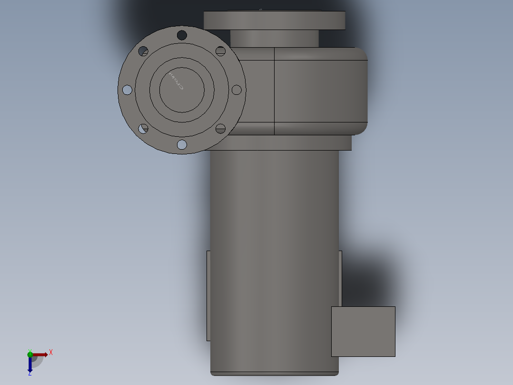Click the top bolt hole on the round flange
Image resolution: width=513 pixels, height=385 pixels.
182,35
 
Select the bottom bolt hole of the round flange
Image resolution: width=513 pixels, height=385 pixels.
182,144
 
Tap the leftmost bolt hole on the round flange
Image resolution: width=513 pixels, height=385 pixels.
127,90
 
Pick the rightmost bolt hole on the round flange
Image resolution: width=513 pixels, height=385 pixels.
237,90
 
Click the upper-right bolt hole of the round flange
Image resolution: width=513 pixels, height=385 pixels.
220,51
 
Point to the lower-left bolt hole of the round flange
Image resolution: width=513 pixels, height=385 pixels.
143,128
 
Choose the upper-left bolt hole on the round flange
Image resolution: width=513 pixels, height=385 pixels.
143,51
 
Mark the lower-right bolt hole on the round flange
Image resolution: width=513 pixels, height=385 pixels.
220,128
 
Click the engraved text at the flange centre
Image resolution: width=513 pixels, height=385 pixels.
176,81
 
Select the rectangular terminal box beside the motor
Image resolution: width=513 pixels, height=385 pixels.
363,331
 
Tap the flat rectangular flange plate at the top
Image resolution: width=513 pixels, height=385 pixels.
275,20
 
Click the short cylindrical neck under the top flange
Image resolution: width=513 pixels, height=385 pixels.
275,38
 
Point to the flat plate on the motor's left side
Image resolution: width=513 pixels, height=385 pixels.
208,295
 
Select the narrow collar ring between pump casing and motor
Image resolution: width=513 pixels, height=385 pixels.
286,142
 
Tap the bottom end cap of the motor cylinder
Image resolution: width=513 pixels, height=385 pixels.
275,373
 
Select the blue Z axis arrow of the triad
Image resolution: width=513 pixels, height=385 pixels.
30,364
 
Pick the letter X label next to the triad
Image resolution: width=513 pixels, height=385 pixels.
51,353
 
